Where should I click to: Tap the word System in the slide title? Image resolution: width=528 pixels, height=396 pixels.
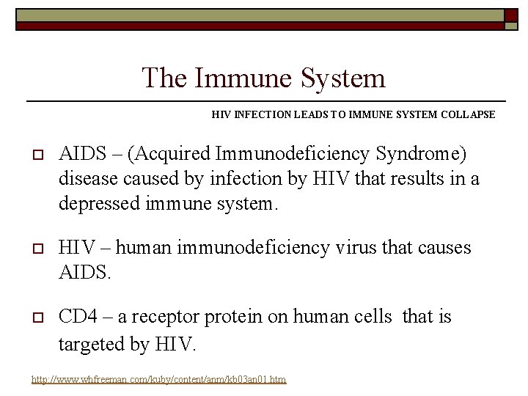(x=345, y=78)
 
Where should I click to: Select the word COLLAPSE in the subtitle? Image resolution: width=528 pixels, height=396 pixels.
(x=467, y=115)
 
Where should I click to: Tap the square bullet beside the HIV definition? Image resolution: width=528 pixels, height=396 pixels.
(x=37, y=249)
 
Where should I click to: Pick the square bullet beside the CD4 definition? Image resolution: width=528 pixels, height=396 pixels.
(x=37, y=318)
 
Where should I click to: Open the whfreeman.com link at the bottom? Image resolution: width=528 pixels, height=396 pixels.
(x=158, y=379)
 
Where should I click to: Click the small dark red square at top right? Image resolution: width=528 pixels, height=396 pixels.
(x=510, y=15)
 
